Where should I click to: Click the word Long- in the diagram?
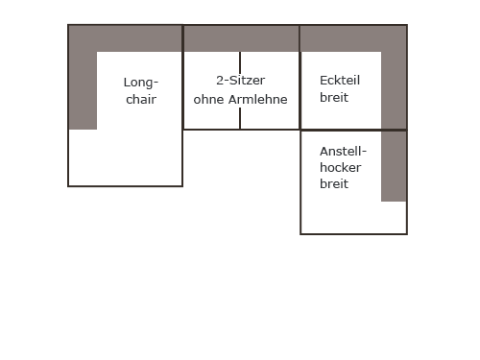pyautogui.click(x=141, y=83)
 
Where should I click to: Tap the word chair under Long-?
pyautogui.click(x=141, y=99)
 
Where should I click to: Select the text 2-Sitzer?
pyautogui.click(x=240, y=81)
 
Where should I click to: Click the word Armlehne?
pyautogui.click(x=258, y=99)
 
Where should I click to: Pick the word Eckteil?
pyautogui.click(x=340, y=81)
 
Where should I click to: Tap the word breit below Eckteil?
pyautogui.click(x=334, y=97)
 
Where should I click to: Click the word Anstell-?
pyautogui.click(x=343, y=152)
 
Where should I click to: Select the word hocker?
pyautogui.click(x=341, y=168)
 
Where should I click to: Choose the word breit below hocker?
pyautogui.click(x=334, y=184)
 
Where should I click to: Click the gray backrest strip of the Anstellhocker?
pyautogui.click(x=394, y=166)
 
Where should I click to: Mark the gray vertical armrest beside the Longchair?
pyautogui.click(x=83, y=90)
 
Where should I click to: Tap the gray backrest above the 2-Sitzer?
pyautogui.click(x=241, y=38)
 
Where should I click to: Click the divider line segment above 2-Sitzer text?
pyautogui.click(x=240, y=62)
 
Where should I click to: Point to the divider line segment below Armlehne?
pyautogui.click(x=240, y=118)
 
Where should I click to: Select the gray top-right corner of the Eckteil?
pyautogui.click(x=394, y=38)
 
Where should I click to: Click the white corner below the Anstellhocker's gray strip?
pyautogui.click(x=394, y=217)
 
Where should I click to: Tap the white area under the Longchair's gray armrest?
pyautogui.click(x=83, y=157)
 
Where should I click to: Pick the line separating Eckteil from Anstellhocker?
pyautogui.click(x=353, y=130)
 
